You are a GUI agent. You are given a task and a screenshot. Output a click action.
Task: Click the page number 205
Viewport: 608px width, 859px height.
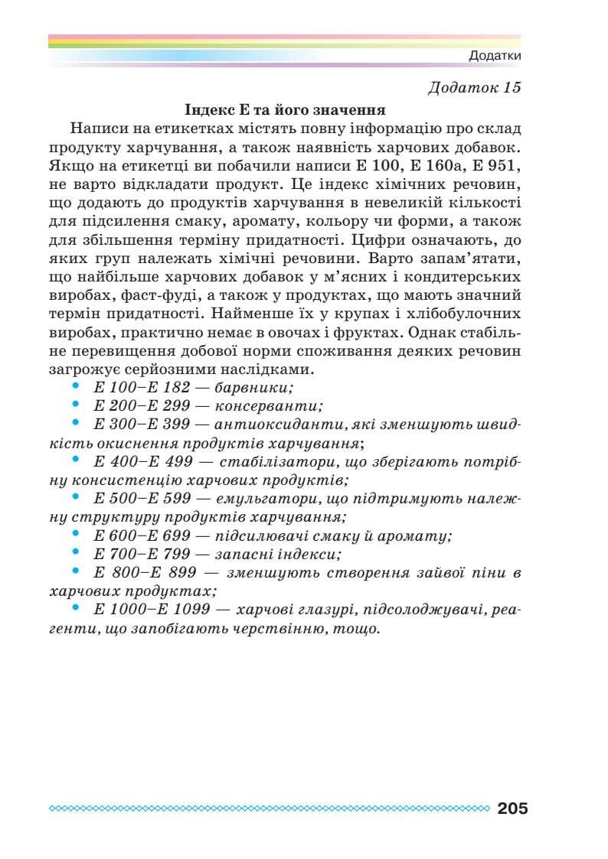[x=512, y=809]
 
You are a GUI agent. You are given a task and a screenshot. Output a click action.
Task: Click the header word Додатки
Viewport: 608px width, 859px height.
[x=495, y=57]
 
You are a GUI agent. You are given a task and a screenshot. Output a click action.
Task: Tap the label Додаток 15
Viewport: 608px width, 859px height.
[x=475, y=86]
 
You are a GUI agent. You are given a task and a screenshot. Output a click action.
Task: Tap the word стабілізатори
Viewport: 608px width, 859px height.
[x=267, y=461]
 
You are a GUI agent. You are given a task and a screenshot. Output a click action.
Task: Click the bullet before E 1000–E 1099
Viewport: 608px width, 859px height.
[x=75, y=608]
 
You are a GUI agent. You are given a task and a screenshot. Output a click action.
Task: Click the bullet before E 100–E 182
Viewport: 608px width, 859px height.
[x=75, y=386]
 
